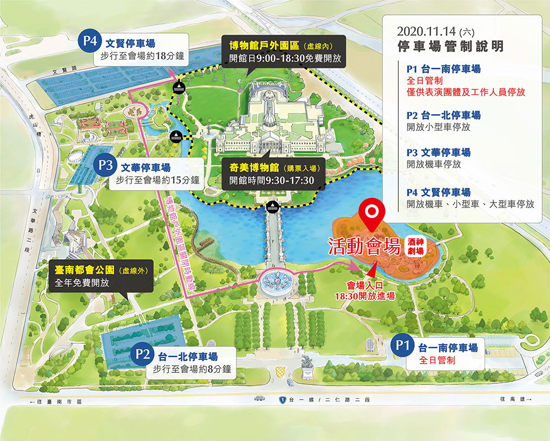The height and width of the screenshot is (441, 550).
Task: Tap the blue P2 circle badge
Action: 142,355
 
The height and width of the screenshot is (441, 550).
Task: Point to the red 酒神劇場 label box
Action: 416,245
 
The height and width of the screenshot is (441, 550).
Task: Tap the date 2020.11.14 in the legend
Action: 422,31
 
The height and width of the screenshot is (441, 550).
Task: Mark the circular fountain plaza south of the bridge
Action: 277,282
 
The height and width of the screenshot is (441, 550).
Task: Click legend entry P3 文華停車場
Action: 439,153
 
